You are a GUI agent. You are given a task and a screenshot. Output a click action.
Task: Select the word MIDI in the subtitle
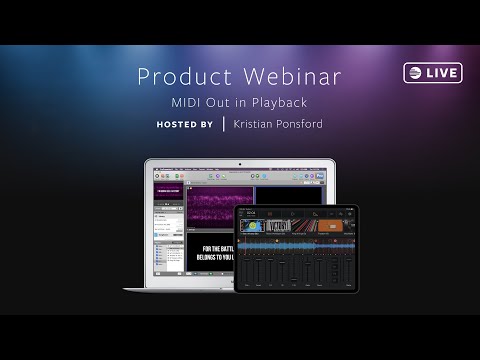(188, 102)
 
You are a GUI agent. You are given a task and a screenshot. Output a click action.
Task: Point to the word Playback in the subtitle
(278, 102)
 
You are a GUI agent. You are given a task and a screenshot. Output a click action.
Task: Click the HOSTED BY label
(185, 125)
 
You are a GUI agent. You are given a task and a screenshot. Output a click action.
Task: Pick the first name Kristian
(254, 125)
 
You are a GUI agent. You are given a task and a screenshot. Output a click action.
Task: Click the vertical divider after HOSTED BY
(222, 125)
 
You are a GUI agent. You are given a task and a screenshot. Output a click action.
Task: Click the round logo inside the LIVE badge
(414, 73)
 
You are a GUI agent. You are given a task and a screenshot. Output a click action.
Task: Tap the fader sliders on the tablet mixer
(295, 270)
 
